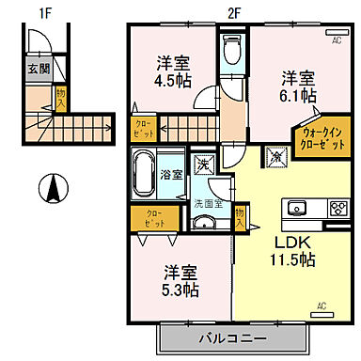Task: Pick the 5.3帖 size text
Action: [179, 290]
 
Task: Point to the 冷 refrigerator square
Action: [275, 157]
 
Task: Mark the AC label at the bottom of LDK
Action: [320, 306]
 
